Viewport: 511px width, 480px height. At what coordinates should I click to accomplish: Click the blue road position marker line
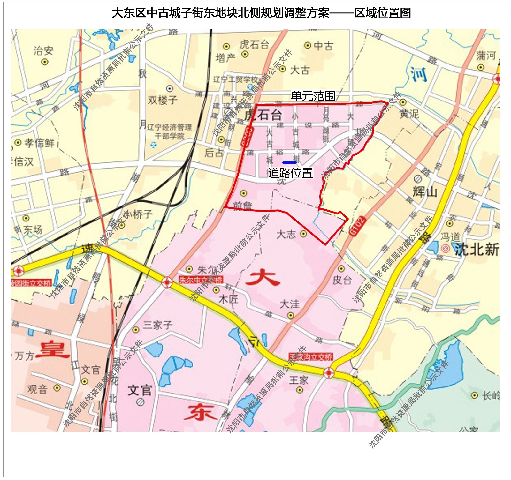(x=289, y=163)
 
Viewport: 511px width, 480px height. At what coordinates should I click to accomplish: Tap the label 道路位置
(x=290, y=173)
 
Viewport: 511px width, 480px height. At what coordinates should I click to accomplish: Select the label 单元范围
(x=313, y=96)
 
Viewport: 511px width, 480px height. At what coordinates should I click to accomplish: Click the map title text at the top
(x=261, y=13)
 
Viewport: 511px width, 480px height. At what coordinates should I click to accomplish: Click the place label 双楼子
(x=162, y=100)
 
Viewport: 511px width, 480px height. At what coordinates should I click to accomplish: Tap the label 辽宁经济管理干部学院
(x=170, y=131)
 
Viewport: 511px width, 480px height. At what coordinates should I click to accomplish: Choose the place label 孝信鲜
(x=39, y=143)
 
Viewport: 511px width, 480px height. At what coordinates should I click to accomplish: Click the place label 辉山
(x=425, y=192)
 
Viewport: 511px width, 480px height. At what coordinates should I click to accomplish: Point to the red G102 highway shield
(x=357, y=226)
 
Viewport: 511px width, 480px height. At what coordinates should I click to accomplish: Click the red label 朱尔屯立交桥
(x=201, y=280)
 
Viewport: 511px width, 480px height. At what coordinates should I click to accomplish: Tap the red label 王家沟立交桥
(x=310, y=356)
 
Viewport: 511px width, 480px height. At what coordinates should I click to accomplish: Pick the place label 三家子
(x=157, y=325)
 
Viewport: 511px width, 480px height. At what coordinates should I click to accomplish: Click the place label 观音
(x=37, y=389)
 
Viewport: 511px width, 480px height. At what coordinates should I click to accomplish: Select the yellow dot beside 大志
(x=303, y=234)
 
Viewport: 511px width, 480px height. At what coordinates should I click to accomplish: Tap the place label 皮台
(x=342, y=280)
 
